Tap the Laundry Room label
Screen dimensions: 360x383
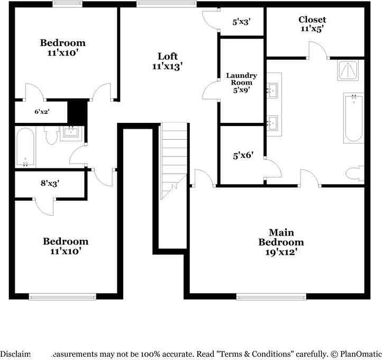tap(241, 83)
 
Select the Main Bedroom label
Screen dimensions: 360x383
tap(281, 242)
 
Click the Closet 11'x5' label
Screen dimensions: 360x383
tap(312, 24)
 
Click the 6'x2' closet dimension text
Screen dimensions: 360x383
tap(41, 112)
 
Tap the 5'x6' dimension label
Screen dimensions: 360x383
tap(241, 156)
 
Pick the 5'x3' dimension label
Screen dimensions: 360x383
tap(241, 22)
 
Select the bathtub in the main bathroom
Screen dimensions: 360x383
tap(353, 118)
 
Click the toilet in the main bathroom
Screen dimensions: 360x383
tap(354, 173)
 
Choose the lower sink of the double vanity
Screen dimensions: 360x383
tap(273, 122)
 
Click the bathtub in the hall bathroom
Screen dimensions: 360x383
tap(25, 147)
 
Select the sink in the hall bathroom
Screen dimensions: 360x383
tap(70, 131)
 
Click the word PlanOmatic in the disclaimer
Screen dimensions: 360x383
tap(359, 353)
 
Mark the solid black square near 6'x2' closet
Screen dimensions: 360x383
tap(77, 112)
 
